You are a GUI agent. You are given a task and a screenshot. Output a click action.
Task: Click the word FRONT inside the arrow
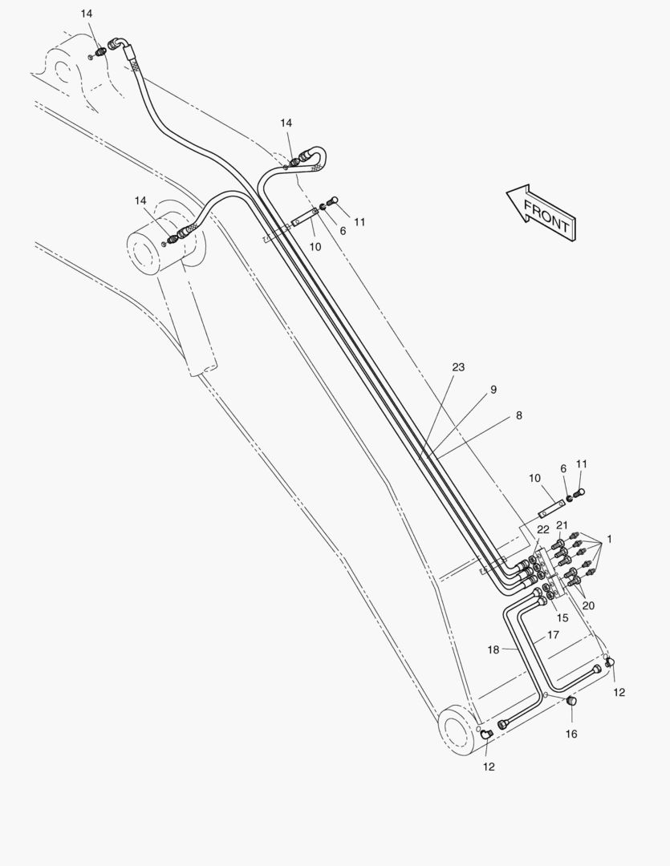546,217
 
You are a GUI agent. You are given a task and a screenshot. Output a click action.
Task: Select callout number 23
458,367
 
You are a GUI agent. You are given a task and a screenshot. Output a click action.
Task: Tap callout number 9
493,390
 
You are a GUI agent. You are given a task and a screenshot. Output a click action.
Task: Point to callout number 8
518,415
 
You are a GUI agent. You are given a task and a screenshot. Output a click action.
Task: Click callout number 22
543,529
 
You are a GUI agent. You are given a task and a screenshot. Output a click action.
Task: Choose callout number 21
562,525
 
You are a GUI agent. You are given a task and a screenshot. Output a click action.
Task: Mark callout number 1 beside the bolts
609,540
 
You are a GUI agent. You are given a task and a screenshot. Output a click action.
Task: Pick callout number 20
588,605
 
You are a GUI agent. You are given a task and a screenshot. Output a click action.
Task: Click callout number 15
562,617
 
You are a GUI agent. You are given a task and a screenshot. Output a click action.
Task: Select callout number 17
553,634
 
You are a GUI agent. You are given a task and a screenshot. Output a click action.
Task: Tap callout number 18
494,649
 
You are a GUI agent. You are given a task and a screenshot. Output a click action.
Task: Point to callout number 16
571,734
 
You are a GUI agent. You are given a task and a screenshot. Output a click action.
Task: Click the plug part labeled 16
572,702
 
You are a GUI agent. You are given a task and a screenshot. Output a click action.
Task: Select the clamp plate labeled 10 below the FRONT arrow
550,509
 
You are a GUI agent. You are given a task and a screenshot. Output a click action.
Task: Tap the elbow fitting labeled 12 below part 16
486,735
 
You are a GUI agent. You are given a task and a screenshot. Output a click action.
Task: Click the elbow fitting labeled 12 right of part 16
610,662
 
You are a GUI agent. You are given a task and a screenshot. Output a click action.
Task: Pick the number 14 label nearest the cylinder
140,200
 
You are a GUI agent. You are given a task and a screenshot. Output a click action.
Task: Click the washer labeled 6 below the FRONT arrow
570,498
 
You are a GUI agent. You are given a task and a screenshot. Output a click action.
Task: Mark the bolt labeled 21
558,546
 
